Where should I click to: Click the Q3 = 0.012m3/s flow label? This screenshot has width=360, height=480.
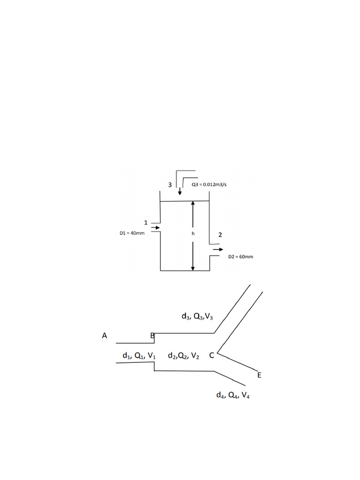pyautogui.click(x=209, y=185)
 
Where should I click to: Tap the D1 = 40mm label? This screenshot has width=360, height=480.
pyautogui.click(x=132, y=233)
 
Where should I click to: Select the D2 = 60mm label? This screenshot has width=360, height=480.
pyautogui.click(x=240, y=257)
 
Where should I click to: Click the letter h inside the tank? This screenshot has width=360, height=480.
pyautogui.click(x=193, y=233)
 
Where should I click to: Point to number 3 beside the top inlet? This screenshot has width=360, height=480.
pyautogui.click(x=170, y=185)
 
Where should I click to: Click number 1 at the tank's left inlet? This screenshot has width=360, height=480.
pyautogui.click(x=146, y=222)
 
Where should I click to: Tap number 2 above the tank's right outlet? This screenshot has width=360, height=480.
pyautogui.click(x=219, y=235)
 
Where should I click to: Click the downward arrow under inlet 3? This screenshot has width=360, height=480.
pyautogui.click(x=180, y=191)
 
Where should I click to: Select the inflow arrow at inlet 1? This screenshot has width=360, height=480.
pyautogui.click(x=155, y=228)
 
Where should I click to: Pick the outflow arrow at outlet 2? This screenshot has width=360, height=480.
pyautogui.click(x=218, y=250)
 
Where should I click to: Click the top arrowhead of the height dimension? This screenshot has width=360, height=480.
pyautogui.click(x=193, y=203)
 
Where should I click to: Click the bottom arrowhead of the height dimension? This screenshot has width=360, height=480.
pyautogui.click(x=193, y=268)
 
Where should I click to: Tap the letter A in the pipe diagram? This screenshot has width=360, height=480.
pyautogui.click(x=105, y=336)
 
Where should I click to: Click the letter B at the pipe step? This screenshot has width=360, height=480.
pyautogui.click(x=152, y=336)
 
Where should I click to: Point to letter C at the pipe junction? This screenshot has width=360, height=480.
pyautogui.click(x=211, y=355)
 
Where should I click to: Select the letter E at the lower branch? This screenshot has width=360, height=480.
pyautogui.click(x=259, y=375)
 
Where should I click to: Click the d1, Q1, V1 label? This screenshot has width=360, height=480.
pyautogui.click(x=139, y=356)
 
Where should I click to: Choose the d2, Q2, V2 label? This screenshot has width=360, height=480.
pyautogui.click(x=184, y=356)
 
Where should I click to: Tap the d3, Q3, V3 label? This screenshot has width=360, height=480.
pyautogui.click(x=197, y=316)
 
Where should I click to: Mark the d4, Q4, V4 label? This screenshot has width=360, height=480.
pyautogui.click(x=233, y=395)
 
